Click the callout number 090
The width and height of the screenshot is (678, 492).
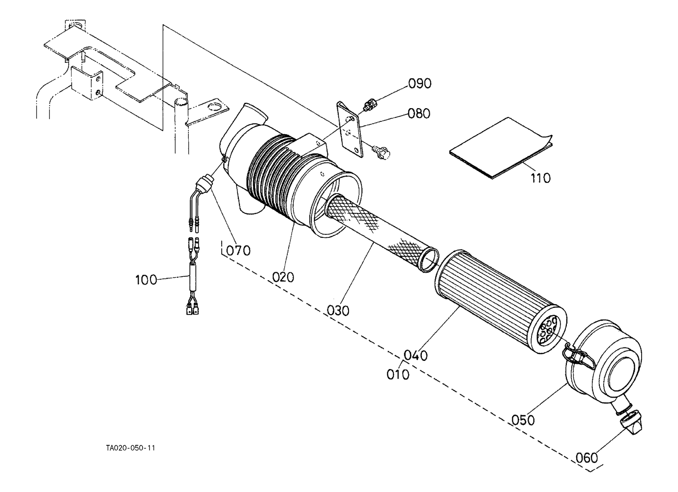420,84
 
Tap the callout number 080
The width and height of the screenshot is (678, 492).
419,114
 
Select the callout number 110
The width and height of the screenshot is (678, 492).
541,178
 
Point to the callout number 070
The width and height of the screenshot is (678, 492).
238,251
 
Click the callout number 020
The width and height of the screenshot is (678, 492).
283,277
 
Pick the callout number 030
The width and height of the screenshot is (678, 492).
338,311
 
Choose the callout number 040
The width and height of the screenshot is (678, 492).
416,355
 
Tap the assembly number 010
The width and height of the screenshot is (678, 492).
398,375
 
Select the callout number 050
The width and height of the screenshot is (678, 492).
523,420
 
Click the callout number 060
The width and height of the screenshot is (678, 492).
587,458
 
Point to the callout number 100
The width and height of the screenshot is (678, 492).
146,280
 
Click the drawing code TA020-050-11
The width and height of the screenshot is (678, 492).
130,448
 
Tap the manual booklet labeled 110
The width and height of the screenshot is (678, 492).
501,148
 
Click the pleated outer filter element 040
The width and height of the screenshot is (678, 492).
501,302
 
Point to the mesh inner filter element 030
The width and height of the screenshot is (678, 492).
382,233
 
